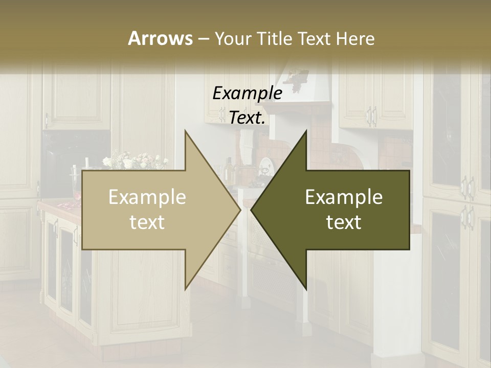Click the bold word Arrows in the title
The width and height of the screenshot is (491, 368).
click(x=160, y=38)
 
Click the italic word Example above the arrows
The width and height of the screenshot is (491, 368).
click(x=248, y=94)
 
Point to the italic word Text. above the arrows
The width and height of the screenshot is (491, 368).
click(x=248, y=118)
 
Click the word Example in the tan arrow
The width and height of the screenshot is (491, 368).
click(x=147, y=197)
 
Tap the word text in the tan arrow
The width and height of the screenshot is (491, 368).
click(x=147, y=222)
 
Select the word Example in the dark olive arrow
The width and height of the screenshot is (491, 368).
click(x=344, y=197)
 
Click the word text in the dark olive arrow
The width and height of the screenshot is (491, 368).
click(x=344, y=222)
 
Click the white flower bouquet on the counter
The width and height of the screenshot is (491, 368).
click(x=134, y=160)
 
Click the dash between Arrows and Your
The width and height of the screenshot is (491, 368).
click(x=203, y=39)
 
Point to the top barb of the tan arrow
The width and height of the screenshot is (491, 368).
click(x=186, y=134)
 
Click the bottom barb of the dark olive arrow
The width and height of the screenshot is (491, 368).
click(x=305, y=286)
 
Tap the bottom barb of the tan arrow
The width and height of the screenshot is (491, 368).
click(x=186, y=286)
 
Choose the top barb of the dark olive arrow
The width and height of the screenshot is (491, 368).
click(x=305, y=134)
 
